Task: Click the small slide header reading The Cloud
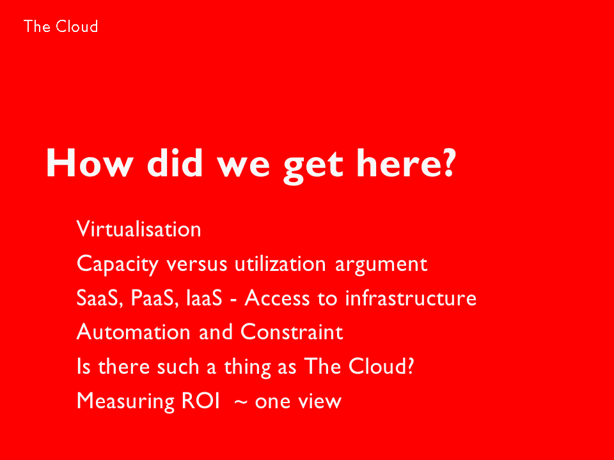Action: point(61,27)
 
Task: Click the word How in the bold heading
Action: point(90,163)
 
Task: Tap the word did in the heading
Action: point(175,163)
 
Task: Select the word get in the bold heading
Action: point(313,167)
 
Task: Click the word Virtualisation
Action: point(139,229)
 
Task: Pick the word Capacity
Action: point(118,264)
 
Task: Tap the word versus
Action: point(197,264)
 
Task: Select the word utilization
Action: point(280,264)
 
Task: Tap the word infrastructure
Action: point(411,298)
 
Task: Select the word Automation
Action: point(134,332)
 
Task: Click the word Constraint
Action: point(292,332)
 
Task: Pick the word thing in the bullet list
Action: point(248,368)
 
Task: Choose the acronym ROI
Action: point(201,401)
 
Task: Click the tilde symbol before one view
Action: point(240,402)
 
